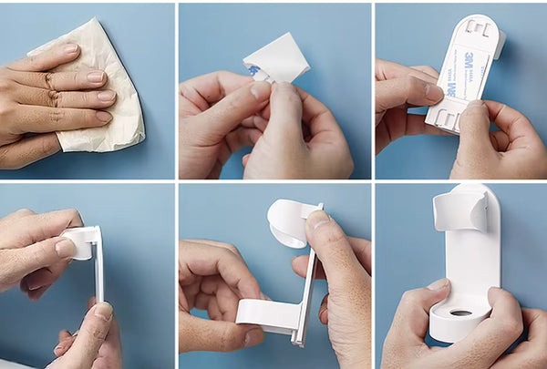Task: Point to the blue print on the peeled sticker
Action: (x=252, y=68)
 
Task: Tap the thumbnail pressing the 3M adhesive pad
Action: (x=436, y=93)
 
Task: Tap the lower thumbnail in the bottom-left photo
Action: (x=104, y=312)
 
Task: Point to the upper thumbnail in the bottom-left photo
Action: (x=66, y=247)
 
